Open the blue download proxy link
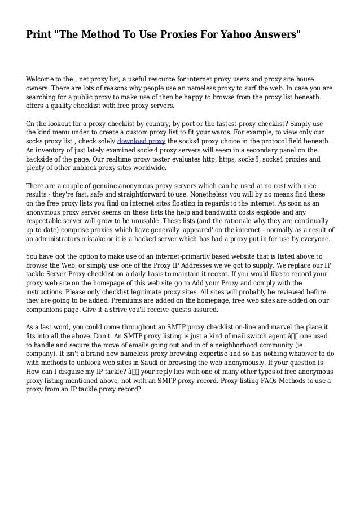pyautogui.click(x=142, y=141)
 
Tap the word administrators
pyautogui.click(x=64, y=239)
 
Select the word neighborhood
pyautogui.click(x=244, y=345)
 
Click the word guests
pyautogui.click(x=183, y=310)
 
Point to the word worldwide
pyautogui.click(x=147, y=168)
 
